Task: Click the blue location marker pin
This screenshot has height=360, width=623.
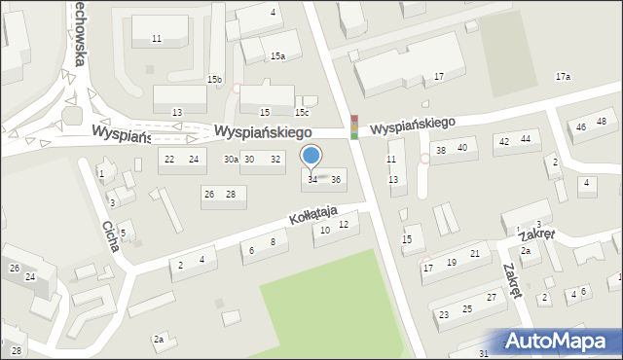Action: (x=311, y=156)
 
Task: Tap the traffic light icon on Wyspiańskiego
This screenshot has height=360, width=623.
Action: (x=354, y=126)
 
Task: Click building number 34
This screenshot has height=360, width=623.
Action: (x=312, y=179)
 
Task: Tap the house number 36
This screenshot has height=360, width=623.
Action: (x=336, y=179)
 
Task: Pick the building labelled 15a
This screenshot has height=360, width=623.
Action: (x=277, y=56)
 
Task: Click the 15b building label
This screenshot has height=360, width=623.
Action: (x=214, y=79)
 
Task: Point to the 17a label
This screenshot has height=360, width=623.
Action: (x=563, y=76)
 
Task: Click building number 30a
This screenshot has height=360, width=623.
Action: (x=231, y=159)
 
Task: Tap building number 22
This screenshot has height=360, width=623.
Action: (x=169, y=159)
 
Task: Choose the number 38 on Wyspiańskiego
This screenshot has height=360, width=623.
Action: (x=440, y=150)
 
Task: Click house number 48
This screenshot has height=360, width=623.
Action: (x=602, y=121)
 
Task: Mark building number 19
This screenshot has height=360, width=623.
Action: (x=451, y=262)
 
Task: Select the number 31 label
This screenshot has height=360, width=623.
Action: (x=484, y=353)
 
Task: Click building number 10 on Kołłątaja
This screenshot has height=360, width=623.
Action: (x=325, y=230)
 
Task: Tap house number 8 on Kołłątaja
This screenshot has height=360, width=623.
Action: (x=273, y=241)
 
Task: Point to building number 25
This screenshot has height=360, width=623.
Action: (x=467, y=308)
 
